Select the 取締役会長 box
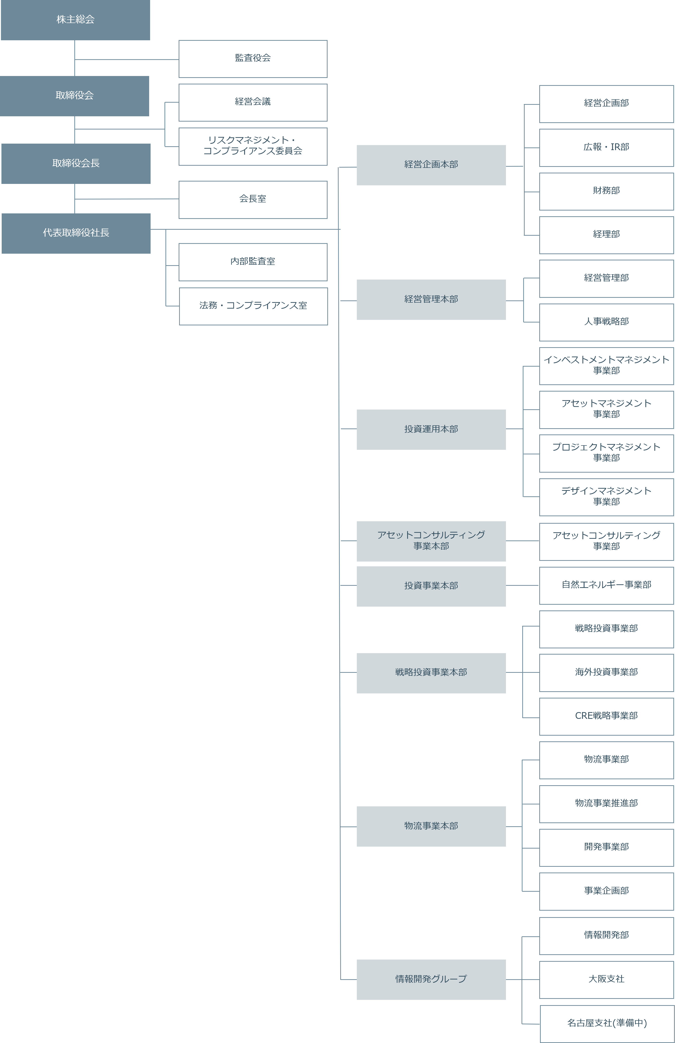(76, 164)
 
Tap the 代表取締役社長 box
(76, 233)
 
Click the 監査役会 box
(253, 59)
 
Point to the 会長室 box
(253, 199)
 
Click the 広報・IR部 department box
(606, 148)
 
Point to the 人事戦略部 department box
(606, 322)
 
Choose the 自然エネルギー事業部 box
(606, 586)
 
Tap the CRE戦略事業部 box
(606, 716)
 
